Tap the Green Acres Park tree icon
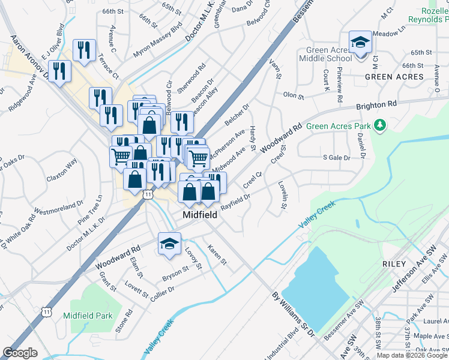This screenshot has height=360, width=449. pyautogui.click(x=379, y=125)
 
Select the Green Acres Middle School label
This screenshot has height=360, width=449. pyautogui.click(x=329, y=55)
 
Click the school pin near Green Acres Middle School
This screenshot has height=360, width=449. pyautogui.click(x=360, y=43)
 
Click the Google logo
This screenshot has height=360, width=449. pyautogui.click(x=20, y=353)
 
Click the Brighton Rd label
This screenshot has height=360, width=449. pyautogui.click(x=377, y=104)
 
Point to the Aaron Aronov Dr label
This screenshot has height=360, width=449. pyautogui.click(x=29, y=56)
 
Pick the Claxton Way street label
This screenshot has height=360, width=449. pyautogui.click(x=62, y=171)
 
